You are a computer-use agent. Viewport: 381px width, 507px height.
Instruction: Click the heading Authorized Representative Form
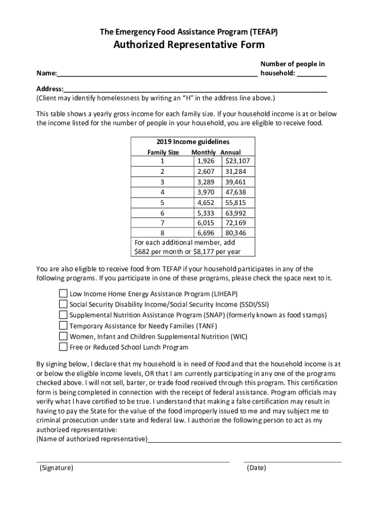click(189, 45)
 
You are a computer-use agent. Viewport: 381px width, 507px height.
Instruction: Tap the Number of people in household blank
click(312, 74)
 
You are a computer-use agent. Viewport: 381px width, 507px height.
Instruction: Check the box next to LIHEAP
click(63, 293)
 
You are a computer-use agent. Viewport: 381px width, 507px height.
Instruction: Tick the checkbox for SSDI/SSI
click(63, 304)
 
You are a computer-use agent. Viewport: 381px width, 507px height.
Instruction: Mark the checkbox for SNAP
click(63, 315)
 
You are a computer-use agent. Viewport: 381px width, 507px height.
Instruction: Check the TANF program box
click(63, 326)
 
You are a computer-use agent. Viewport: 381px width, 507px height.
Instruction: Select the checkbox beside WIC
click(63, 336)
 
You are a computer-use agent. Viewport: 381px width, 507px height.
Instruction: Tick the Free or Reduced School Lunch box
click(63, 347)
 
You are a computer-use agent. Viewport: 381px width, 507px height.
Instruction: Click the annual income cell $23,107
click(238, 161)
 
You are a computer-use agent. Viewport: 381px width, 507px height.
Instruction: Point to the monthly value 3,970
click(205, 192)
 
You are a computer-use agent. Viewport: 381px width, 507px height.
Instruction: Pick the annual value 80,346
click(236, 233)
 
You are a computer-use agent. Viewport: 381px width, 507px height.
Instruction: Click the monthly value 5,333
click(205, 213)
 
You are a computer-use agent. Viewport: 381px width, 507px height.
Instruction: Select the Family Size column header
click(163, 152)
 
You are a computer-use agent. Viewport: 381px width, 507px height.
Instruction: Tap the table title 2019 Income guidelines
click(192, 142)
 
